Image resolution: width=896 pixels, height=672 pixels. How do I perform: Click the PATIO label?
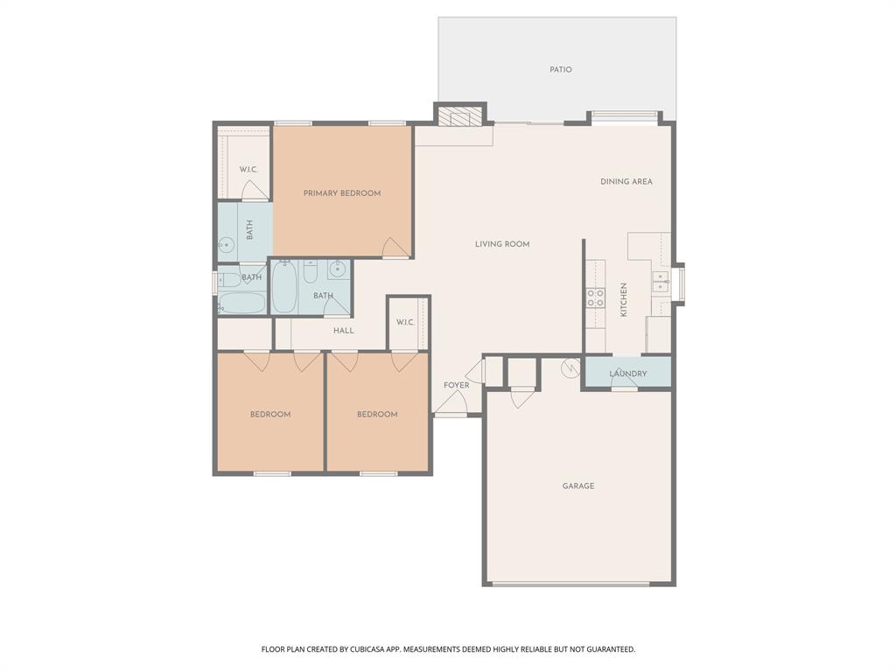[561, 69]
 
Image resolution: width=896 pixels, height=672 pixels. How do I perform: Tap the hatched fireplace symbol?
[459, 116]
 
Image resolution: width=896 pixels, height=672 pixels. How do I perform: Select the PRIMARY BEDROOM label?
[342, 193]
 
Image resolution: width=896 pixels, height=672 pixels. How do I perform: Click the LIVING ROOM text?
[502, 244]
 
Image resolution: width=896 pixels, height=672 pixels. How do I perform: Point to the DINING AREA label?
[626, 182]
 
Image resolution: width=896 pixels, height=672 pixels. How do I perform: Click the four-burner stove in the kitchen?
[595, 297]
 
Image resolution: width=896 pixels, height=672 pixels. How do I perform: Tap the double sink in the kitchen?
[660, 281]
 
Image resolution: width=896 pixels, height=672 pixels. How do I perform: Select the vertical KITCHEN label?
[624, 299]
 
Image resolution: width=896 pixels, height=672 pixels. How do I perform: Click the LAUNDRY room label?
[628, 374]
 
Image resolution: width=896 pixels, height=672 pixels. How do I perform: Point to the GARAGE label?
[578, 486]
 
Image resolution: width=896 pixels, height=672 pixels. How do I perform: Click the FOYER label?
[456, 385]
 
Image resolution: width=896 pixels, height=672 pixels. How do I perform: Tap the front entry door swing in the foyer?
[451, 402]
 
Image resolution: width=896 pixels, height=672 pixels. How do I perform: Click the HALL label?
[344, 331]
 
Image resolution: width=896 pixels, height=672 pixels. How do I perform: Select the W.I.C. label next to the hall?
[405, 322]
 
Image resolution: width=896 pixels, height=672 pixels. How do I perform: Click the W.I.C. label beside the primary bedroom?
[248, 169]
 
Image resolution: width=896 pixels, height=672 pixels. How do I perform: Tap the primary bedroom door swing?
[395, 248]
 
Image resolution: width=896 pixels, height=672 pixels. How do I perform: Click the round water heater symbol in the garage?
[571, 367]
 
